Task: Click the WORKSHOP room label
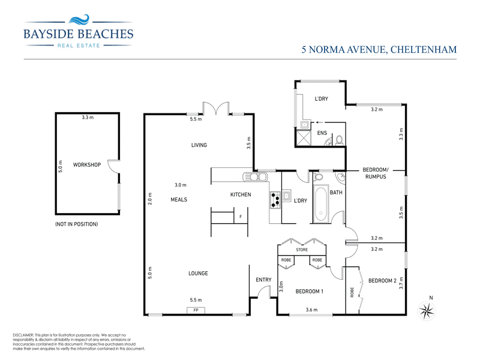(86, 164)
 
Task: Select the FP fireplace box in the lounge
(196, 310)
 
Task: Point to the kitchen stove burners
(275, 199)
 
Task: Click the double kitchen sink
(254, 177)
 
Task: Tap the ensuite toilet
(339, 140)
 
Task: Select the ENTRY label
(263, 280)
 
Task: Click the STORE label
(302, 250)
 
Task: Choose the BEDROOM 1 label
(310, 292)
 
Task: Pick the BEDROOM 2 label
(382, 281)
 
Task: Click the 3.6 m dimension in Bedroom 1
(311, 310)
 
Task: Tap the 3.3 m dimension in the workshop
(88, 118)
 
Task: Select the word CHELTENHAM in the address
(424, 50)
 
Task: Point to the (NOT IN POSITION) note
(76, 224)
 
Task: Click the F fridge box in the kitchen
(241, 217)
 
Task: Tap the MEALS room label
(179, 199)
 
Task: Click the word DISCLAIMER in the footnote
(25, 335)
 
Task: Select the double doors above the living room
(216, 109)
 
